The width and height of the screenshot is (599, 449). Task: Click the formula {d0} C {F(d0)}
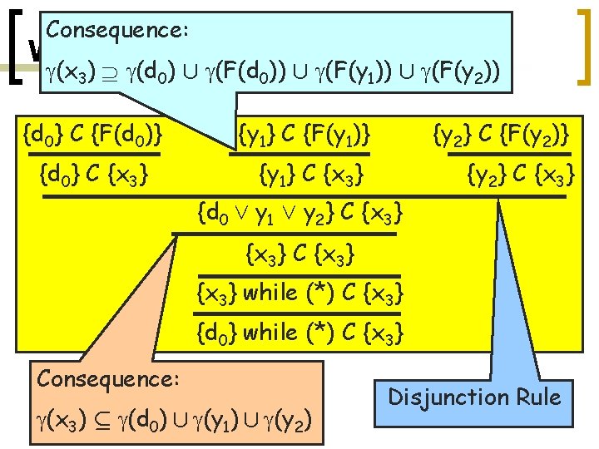[x=94, y=132]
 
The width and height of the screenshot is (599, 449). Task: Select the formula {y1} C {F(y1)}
[x=304, y=132]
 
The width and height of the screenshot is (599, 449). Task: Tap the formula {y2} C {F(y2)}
[x=501, y=132]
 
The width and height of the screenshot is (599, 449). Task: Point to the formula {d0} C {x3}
[x=94, y=175]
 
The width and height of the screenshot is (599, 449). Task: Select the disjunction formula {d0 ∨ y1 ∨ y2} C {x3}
[x=302, y=215]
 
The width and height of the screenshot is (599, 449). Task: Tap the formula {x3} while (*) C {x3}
[x=301, y=293]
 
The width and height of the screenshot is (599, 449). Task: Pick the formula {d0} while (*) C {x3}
[x=301, y=333]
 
